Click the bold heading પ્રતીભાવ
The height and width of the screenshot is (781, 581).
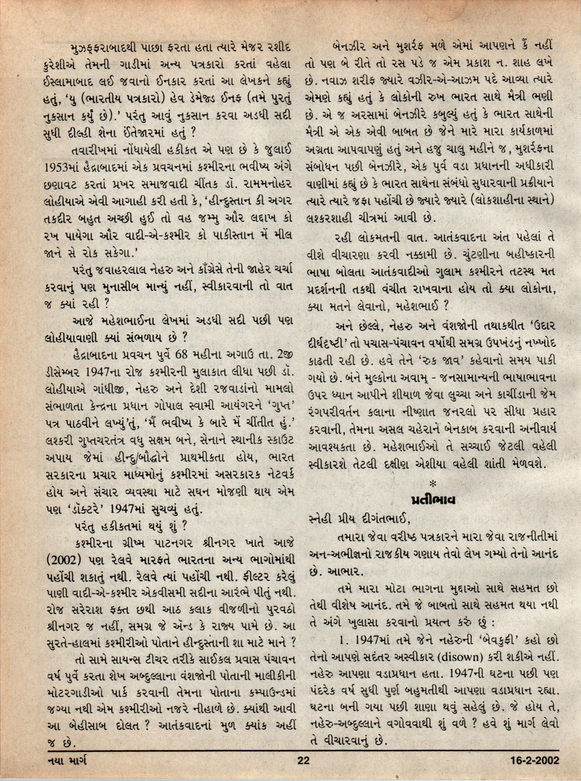433,500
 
